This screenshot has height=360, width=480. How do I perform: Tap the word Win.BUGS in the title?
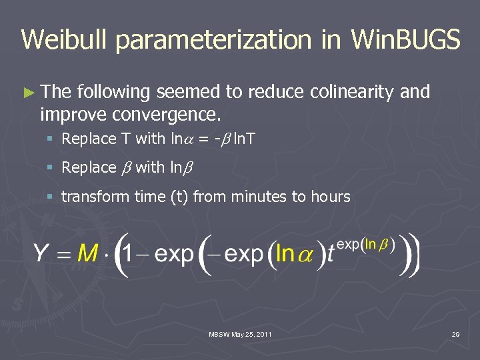coord(405,39)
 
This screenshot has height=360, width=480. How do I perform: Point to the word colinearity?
coord(353,93)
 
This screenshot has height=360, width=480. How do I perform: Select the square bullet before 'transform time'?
coord(51,197)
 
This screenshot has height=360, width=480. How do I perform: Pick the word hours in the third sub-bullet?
coord(328,197)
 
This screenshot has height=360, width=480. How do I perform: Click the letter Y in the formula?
coord(43,253)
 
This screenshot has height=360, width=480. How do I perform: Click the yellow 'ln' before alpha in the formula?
coord(285,253)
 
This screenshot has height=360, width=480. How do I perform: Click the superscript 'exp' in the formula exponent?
coord(349,244)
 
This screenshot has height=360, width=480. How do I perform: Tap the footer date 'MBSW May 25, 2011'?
coord(241,333)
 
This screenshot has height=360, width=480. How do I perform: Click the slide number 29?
coord(455,333)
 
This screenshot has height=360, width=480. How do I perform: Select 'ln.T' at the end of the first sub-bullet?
coord(244,139)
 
